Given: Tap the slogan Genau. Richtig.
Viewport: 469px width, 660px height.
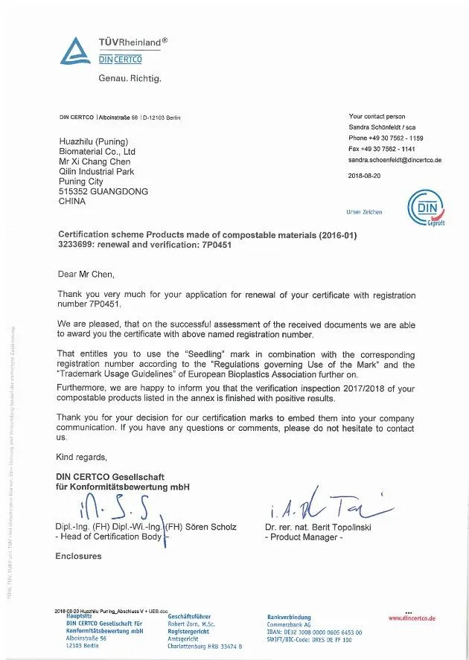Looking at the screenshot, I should tap(130, 78).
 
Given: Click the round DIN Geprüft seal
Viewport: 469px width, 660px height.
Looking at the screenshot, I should tap(426, 209).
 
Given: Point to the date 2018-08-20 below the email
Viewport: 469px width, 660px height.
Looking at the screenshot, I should tap(364, 176).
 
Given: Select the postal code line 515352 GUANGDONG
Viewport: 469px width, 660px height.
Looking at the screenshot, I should tap(103, 191).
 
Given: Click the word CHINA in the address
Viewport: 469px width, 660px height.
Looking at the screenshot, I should tap(71, 201).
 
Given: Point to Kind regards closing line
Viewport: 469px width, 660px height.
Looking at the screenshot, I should tap(82, 457).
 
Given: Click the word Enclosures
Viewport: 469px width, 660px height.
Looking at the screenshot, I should tap(79, 556).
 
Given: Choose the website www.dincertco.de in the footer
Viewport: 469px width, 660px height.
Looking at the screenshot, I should tap(412, 618).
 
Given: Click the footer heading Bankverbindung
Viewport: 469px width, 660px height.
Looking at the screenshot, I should tap(289, 617).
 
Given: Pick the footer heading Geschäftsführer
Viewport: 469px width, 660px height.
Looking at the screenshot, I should tap(189, 616).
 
